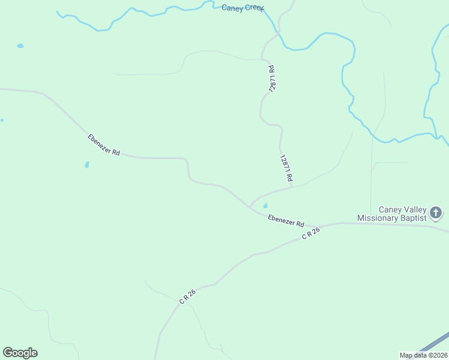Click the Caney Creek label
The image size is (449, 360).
[243, 8]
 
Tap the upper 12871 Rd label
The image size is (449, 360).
[273, 79]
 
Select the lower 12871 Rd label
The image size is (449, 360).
[286, 168]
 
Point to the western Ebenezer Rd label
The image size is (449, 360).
[104, 145]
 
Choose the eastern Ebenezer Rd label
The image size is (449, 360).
[286, 221]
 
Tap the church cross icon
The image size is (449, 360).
[436, 212]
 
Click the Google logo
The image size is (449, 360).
[20, 352]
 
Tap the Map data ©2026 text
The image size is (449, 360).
[423, 355]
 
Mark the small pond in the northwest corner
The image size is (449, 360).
[20, 46]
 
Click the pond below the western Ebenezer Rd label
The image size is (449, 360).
[87, 164]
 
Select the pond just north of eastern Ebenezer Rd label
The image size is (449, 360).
[265, 206]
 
